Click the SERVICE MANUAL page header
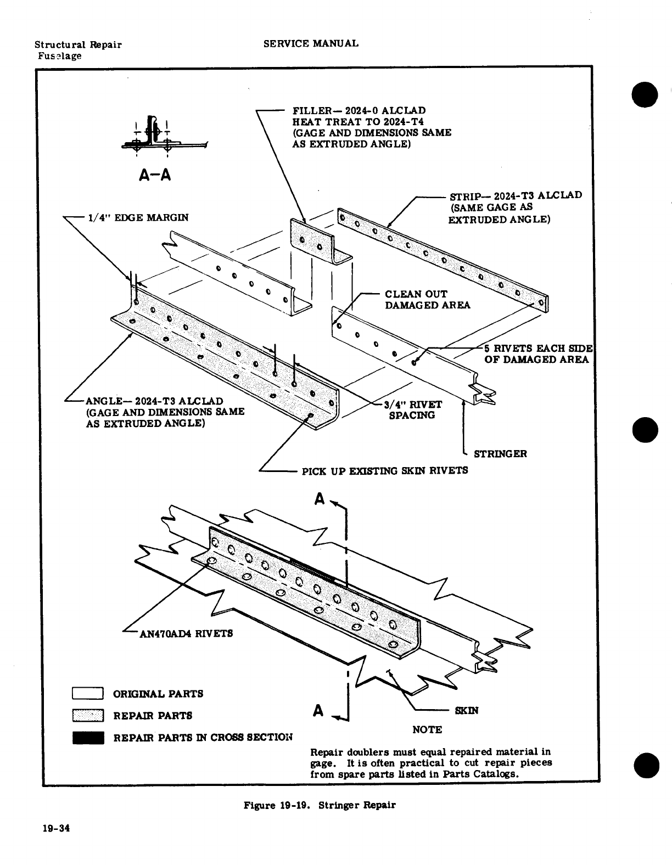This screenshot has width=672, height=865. pyautogui.click(x=311, y=43)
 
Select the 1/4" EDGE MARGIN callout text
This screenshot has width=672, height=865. pyautogui.click(x=137, y=218)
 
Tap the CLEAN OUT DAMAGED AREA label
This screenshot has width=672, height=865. pyautogui.click(x=427, y=300)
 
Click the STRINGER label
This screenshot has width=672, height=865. pyautogui.click(x=500, y=454)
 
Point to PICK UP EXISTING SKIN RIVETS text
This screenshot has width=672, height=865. pyautogui.click(x=385, y=470)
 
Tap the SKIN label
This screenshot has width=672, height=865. pyautogui.click(x=467, y=711)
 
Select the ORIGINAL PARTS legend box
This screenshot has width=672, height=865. pyautogui.click(x=88, y=694)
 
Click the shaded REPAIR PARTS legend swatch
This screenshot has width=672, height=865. pyautogui.click(x=88, y=716)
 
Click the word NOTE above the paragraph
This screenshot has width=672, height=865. pyautogui.click(x=427, y=730)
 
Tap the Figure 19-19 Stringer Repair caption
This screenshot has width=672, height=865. pyautogui.click(x=320, y=806)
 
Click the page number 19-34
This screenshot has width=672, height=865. pyautogui.click(x=57, y=829)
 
